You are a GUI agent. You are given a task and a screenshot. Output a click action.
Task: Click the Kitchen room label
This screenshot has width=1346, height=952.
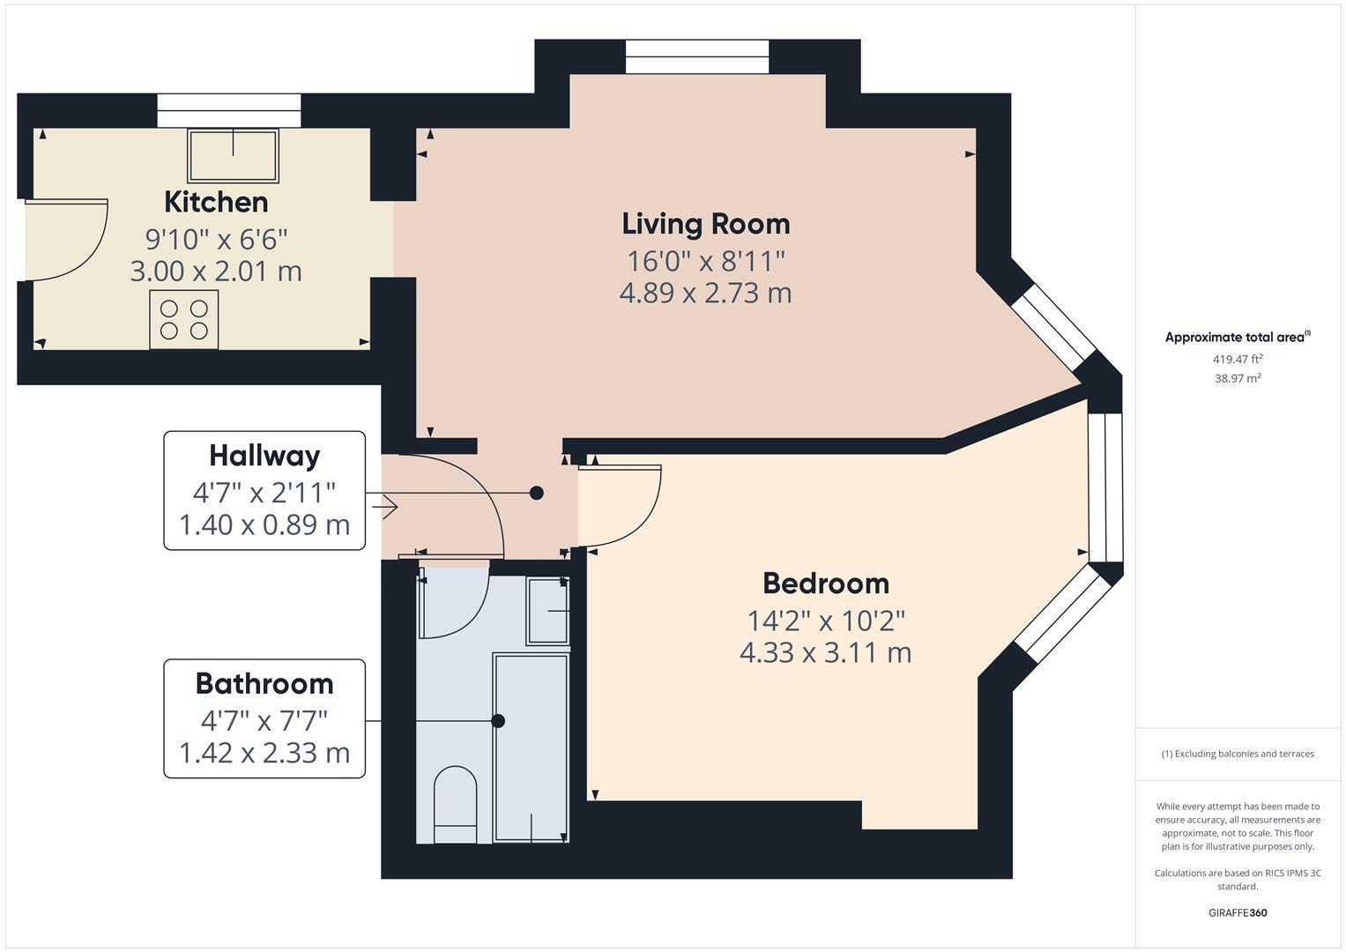tap(216, 202)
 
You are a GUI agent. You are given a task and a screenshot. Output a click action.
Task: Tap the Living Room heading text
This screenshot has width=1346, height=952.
tap(706, 224)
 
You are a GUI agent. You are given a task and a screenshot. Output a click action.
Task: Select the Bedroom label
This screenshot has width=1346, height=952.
tap(826, 584)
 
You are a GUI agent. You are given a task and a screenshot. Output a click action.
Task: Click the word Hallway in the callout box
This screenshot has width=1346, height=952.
tap(264, 457)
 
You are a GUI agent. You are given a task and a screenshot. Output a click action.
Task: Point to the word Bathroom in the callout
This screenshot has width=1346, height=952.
tap(264, 684)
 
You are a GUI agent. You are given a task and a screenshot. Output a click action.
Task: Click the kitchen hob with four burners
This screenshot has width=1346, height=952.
tap(184, 319)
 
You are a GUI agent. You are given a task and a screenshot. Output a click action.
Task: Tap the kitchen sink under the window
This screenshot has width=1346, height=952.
tap(233, 156)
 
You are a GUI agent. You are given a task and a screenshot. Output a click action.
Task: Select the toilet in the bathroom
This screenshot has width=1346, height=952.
tap(455, 804)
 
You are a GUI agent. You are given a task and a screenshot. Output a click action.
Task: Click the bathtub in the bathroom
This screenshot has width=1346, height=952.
tap(531, 747)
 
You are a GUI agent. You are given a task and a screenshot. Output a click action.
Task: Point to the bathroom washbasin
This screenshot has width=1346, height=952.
tap(547, 611)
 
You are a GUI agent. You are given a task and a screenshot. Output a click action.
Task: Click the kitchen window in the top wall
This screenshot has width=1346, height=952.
tap(229, 110)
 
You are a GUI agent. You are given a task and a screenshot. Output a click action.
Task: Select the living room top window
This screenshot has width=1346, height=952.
tap(697, 56)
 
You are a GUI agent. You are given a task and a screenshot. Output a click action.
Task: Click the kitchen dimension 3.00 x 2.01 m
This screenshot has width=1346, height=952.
tap(216, 271)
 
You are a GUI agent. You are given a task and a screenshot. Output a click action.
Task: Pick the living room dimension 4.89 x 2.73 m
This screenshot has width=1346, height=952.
tap(706, 294)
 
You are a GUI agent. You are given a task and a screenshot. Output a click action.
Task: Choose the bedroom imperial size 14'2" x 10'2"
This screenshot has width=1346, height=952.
tap(826, 621)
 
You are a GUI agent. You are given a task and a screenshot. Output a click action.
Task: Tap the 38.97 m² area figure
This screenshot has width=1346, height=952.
tap(1238, 378)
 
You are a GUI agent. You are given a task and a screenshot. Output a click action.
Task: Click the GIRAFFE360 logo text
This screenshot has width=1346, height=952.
tap(1238, 912)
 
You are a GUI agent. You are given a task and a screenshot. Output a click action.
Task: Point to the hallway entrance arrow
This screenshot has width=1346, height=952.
tap(384, 507)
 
